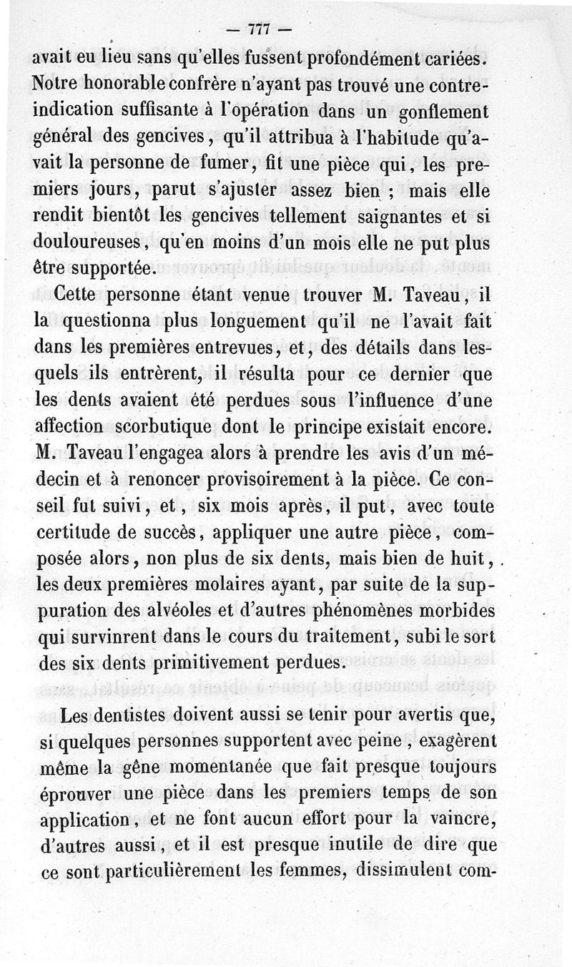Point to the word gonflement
pos(437,112)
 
